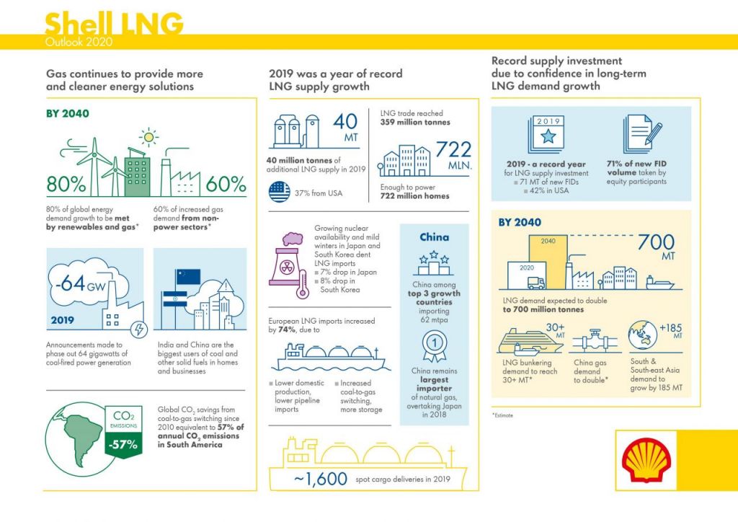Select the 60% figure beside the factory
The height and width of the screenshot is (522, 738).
[226, 185]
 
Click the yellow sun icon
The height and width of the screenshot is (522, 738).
[149, 136]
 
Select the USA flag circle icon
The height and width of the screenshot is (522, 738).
[280, 193]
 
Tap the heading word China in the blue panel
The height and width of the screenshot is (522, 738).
[434, 237]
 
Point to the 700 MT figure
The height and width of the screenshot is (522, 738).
[656, 247]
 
